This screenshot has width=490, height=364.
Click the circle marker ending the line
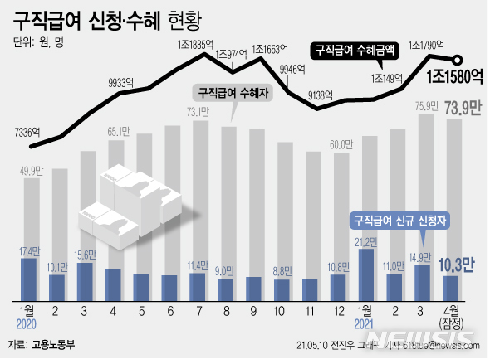pos(456,59)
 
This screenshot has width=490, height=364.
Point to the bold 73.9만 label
pos(464,108)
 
